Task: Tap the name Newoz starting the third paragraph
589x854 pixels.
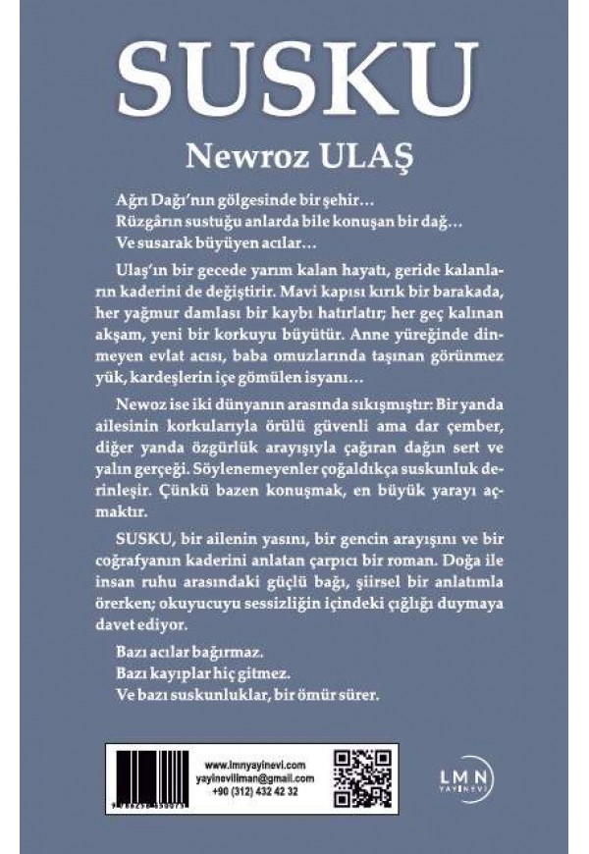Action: pyautogui.click(x=140, y=400)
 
